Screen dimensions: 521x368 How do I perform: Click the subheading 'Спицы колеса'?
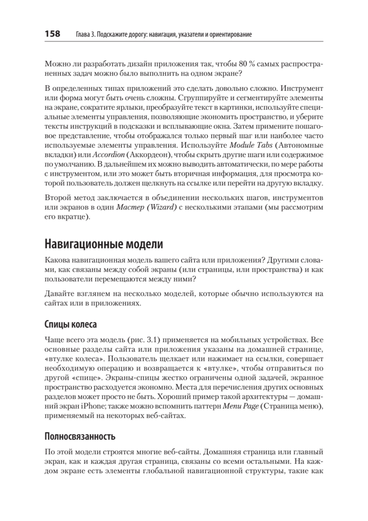[x=71, y=324]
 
